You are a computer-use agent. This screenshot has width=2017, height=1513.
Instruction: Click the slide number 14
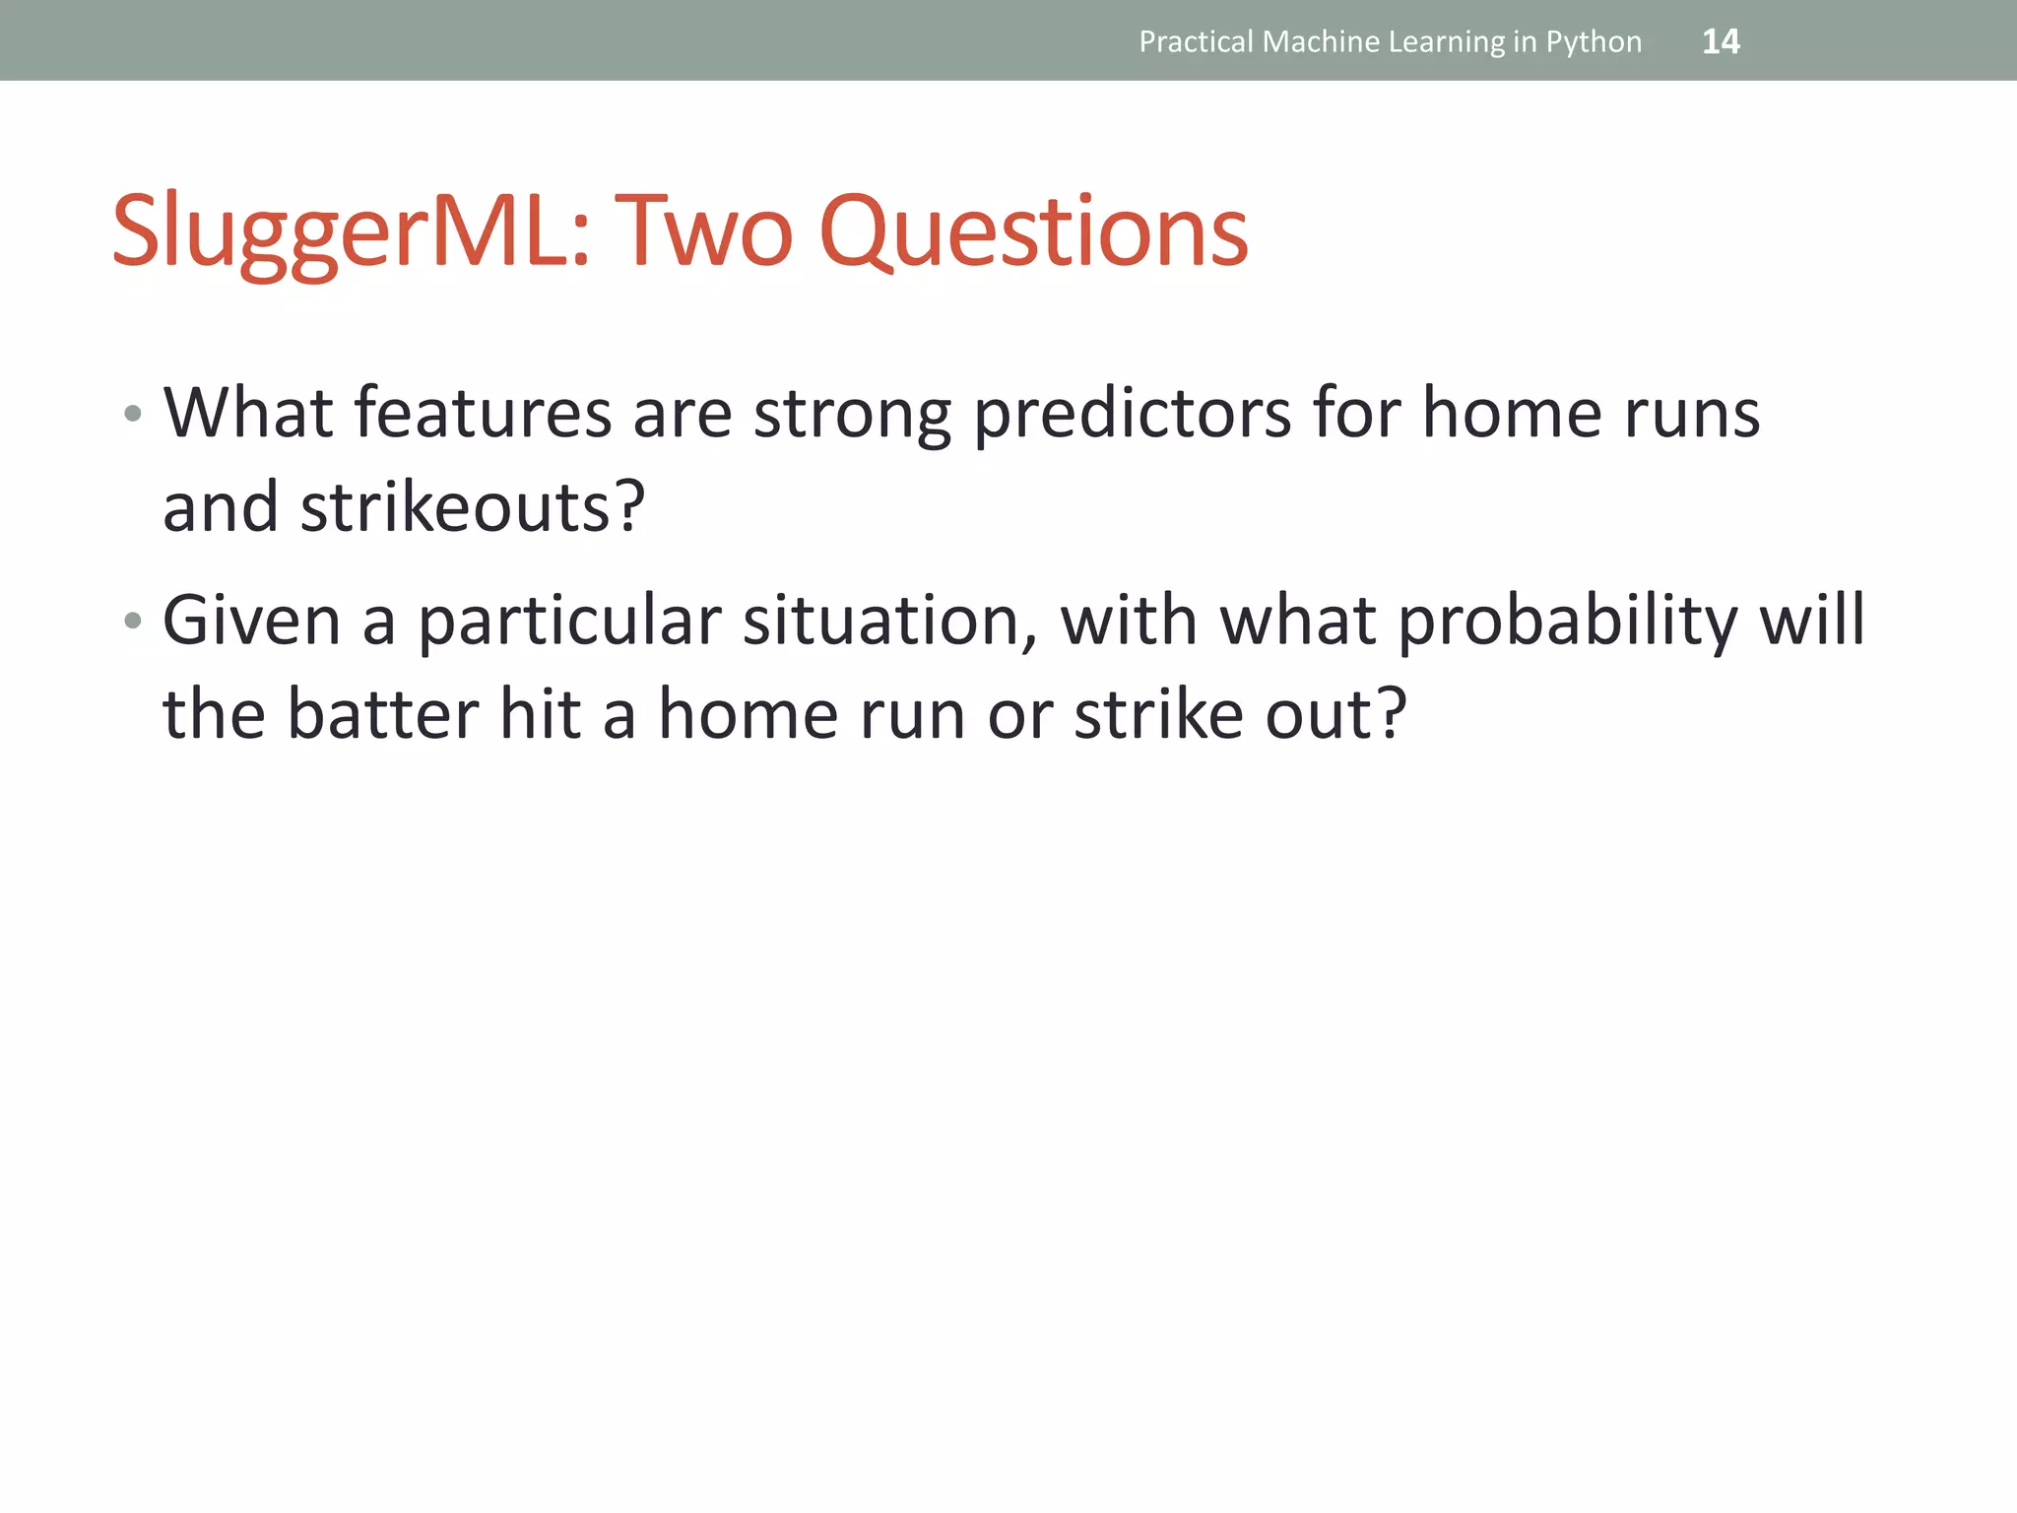pos(1721,41)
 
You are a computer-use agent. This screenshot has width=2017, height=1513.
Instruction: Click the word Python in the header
pos(1594,42)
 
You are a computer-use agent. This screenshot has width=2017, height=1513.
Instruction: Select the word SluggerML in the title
pos(350,231)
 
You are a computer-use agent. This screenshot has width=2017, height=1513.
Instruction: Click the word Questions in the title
pos(1033,231)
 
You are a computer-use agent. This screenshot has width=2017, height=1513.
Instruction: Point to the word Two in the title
pos(703,231)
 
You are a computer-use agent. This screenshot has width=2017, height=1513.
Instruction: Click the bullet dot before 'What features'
pos(133,414)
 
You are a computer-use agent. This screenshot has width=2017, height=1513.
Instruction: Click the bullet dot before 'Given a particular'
pos(133,621)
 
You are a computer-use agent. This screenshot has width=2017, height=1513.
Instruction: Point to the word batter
pos(382,714)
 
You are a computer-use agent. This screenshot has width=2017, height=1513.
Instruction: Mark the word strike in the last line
pos(1158,714)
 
